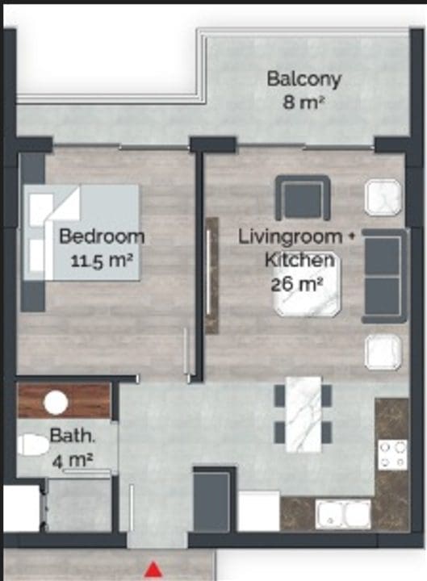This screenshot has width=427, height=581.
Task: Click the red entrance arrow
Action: coord(153,570)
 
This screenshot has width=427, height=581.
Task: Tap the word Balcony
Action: coord(304,80)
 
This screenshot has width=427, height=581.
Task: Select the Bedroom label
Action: coord(102,236)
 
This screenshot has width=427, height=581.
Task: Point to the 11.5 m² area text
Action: coord(101,261)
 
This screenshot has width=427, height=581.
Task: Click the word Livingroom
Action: coord(290,237)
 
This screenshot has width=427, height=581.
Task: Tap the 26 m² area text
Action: coord(297,285)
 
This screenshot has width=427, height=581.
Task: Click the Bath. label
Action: coord(73,436)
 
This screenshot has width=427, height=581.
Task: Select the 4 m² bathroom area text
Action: coord(73,461)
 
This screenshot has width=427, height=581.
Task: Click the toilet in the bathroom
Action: coord(33,445)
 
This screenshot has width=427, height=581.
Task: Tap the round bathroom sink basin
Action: coord(56,403)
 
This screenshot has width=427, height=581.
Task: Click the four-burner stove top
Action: coord(393,454)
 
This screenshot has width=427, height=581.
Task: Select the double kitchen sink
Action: coord(343,514)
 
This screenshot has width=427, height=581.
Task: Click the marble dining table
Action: coord(304,414)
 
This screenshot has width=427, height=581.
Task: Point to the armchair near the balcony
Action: coord(303,198)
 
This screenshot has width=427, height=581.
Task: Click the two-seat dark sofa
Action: coord(384,276)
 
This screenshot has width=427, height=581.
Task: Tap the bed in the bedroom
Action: coord(82,232)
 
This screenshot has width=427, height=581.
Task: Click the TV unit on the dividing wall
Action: coord(211,276)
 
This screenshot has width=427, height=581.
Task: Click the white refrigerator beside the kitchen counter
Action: coord(258,511)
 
